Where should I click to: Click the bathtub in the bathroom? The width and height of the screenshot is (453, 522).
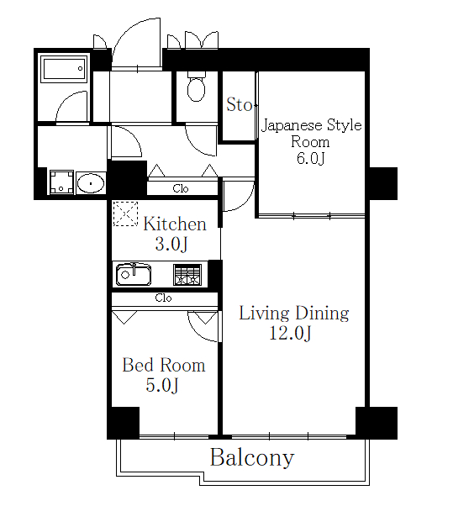tap(63, 68)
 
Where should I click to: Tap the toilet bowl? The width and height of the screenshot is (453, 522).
tap(196, 87)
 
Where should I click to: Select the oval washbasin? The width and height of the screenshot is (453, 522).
tap(90, 183)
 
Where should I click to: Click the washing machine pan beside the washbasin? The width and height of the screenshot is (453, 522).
tap(61, 182)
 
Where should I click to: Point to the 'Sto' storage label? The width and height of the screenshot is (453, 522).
tap(239, 105)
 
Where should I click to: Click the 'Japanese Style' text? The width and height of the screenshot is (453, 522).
tap(311, 126)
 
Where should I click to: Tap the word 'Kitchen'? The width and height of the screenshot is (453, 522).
tap(174, 224)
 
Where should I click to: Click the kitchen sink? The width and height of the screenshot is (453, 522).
tap(133, 274)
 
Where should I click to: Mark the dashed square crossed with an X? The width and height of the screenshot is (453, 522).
tap(125, 214)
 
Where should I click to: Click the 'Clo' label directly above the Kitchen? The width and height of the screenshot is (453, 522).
tap(181, 189)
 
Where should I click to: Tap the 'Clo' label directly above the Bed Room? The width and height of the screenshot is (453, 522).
tap(163, 298)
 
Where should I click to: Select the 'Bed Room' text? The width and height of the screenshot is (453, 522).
tap(164, 366)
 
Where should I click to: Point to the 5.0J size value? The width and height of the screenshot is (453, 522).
tap(162, 386)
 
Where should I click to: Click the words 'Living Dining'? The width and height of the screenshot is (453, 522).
tap(293, 314)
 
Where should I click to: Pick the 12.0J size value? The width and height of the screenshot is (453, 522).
tap(292, 335)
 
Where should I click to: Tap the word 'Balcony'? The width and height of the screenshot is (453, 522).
tap(251, 458)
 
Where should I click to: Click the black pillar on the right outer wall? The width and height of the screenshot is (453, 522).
tap(382, 183)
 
